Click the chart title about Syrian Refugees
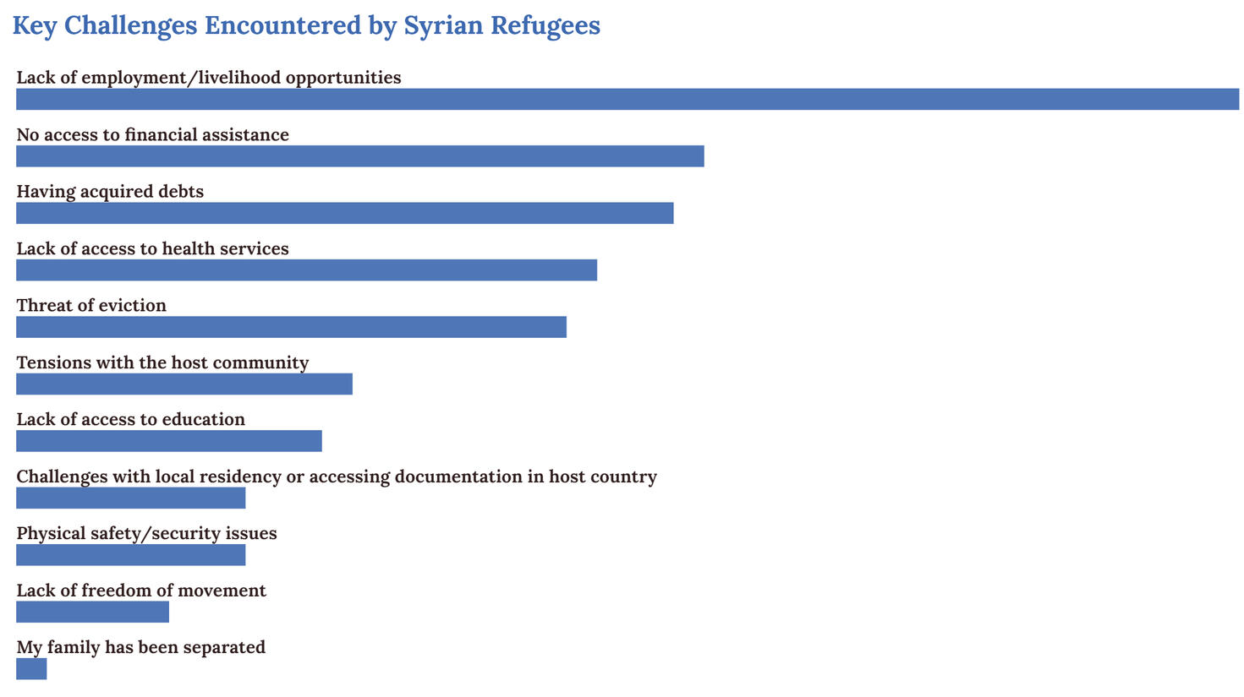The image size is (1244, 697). click(x=306, y=25)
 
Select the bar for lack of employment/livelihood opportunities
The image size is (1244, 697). click(x=627, y=99)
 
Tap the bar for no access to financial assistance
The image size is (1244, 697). click(x=359, y=156)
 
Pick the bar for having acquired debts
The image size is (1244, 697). click(x=344, y=213)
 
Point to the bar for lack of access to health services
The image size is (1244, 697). click(x=306, y=270)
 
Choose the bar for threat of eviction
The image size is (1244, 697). click(x=291, y=327)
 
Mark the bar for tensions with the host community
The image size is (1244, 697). click(x=184, y=384)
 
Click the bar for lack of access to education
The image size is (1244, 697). click(x=168, y=441)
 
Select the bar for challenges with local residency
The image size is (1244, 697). click(x=130, y=498)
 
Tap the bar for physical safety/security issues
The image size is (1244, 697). click(x=130, y=555)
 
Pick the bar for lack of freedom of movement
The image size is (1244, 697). click(x=92, y=613)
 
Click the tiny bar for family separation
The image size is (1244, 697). click(x=31, y=669)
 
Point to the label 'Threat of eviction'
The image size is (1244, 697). click(x=91, y=305)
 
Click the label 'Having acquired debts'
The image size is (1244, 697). click(x=110, y=192)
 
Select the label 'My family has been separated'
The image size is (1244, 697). click(x=140, y=647)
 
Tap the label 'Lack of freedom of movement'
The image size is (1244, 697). click(x=141, y=591)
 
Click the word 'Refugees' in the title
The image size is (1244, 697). click(x=545, y=25)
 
